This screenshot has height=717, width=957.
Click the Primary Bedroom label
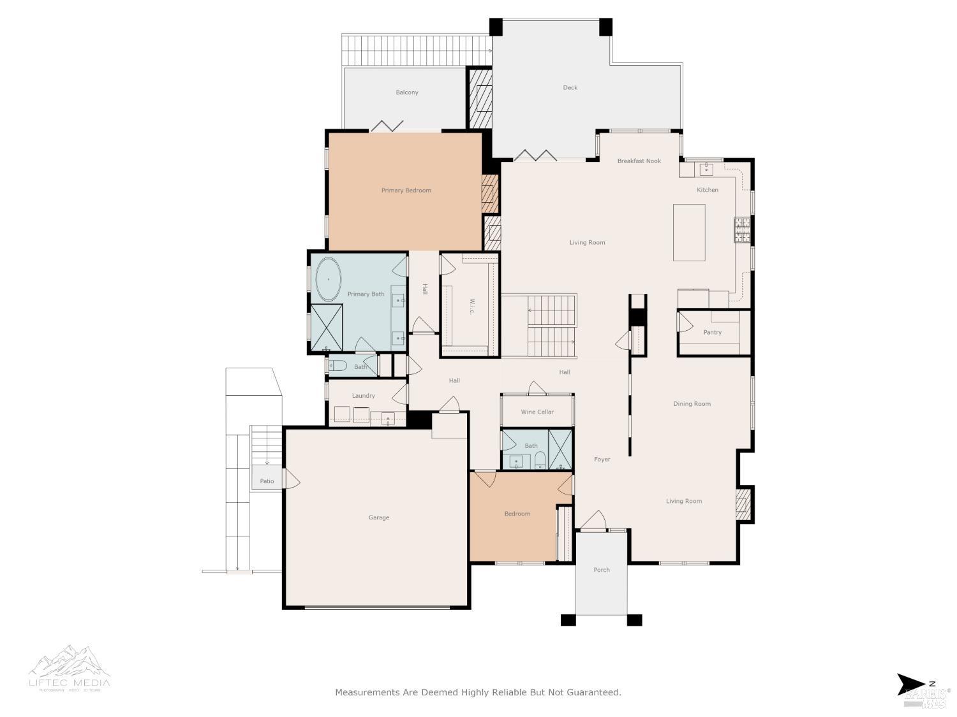pyautogui.click(x=406, y=191)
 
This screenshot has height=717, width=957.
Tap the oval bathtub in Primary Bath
pyautogui.click(x=329, y=279)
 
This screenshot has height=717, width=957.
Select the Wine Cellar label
pyautogui.click(x=537, y=412)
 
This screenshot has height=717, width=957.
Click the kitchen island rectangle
pyautogui.click(x=689, y=233)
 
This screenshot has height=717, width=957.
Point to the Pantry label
pyautogui.click(x=712, y=333)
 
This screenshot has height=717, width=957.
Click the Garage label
pyautogui.click(x=378, y=518)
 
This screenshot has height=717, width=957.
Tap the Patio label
pyautogui.click(x=267, y=481)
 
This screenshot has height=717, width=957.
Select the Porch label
pyautogui.click(x=602, y=570)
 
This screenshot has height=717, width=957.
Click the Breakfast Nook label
pyautogui.click(x=639, y=161)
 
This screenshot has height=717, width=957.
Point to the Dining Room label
pyautogui.click(x=692, y=404)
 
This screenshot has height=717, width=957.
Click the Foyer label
pyautogui.click(x=602, y=460)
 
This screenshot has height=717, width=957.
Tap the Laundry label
pyautogui.click(x=363, y=396)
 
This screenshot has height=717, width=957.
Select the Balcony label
pyautogui.click(x=407, y=93)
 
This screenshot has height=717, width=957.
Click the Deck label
pyautogui.click(x=570, y=88)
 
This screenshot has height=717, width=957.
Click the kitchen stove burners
pyautogui.click(x=741, y=230)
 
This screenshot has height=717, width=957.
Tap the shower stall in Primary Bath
pyautogui.click(x=327, y=328)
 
